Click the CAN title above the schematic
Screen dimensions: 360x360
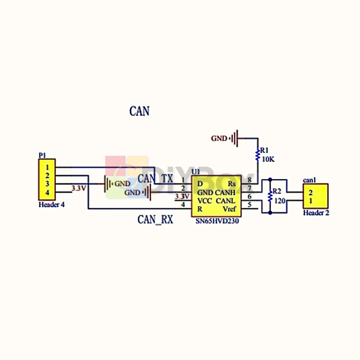[x=139, y=111]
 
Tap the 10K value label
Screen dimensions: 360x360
[x=267, y=159]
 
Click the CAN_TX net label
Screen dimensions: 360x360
[x=155, y=178]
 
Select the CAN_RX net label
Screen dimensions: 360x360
[x=155, y=220]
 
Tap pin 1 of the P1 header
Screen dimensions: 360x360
[x=47, y=167]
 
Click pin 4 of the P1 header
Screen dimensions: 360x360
[x=47, y=193]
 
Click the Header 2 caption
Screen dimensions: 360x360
[x=316, y=213]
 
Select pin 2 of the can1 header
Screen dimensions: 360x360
[x=310, y=192]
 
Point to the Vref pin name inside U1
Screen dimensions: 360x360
[x=229, y=209]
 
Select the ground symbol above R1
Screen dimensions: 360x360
[x=235, y=138]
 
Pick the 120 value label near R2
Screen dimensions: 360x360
[x=280, y=201]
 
